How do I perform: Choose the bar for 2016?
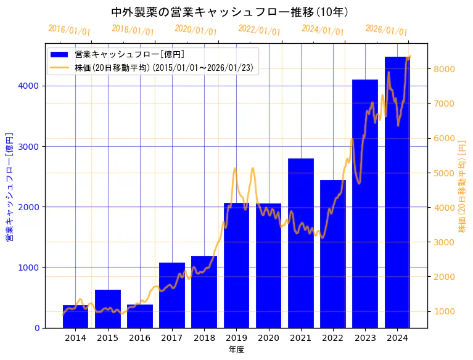[x=140, y=316]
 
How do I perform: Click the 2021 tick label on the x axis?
[x=301, y=338]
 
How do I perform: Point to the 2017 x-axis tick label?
[x=172, y=338]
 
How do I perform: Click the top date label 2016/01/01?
[x=69, y=30]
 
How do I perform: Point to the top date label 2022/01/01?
[x=259, y=30]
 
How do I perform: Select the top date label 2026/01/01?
[x=386, y=30]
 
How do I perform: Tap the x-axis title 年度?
[x=236, y=350]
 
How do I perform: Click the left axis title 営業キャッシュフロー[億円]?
[x=9, y=186]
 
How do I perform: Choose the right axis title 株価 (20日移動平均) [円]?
[x=463, y=186]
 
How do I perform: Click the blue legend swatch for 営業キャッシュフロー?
[x=60, y=55]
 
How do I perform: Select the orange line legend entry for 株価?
[x=60, y=67]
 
